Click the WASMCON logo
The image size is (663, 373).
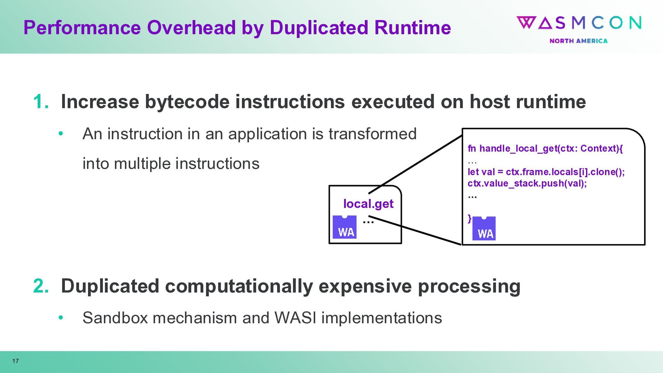579,23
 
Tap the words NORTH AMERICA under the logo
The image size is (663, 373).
578,41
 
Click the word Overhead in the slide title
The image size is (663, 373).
191,28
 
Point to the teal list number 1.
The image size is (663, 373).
40,102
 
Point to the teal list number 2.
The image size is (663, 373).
41,286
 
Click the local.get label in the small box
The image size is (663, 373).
368,204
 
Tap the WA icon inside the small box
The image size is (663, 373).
345,227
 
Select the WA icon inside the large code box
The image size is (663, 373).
484,229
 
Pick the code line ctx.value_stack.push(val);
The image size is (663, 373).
527,183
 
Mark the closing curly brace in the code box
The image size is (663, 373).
469,218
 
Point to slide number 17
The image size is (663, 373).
16,361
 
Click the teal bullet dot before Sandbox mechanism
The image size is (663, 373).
61,317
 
